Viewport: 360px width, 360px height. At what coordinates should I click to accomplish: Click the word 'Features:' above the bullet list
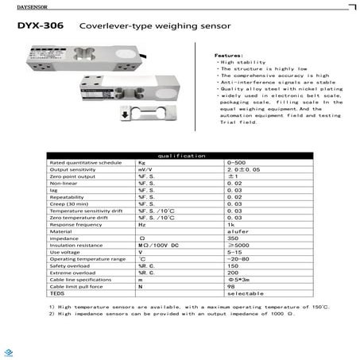(226, 55)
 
